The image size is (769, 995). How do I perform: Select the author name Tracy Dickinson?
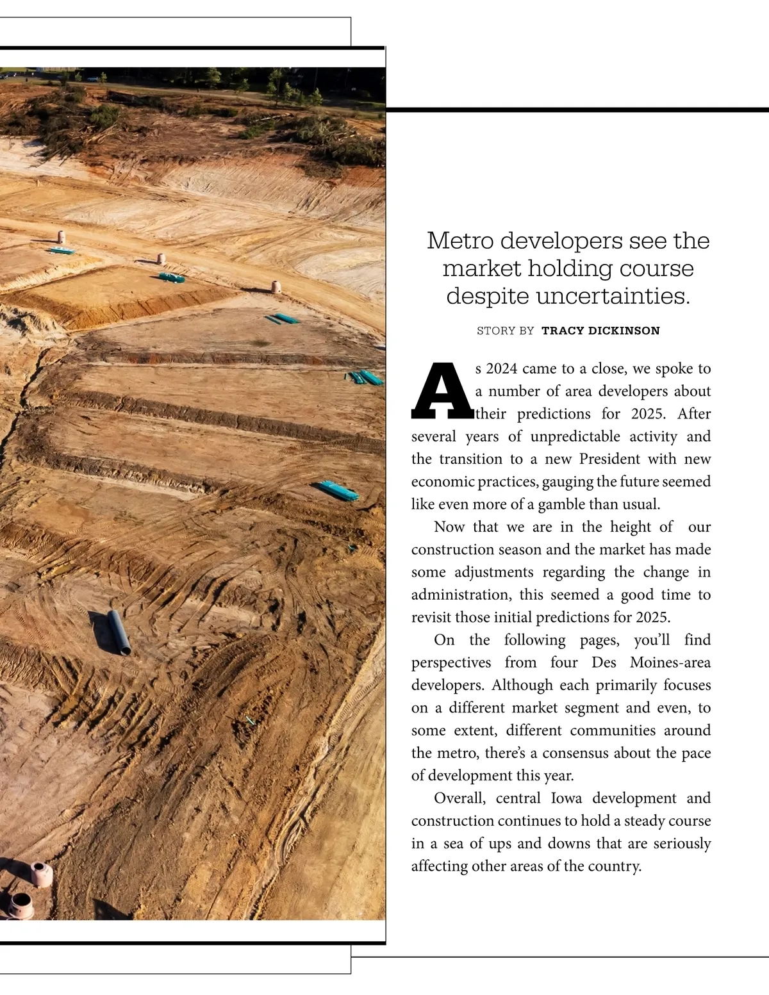coord(600,331)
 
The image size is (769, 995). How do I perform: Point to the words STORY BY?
coord(505,331)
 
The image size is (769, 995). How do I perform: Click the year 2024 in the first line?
coord(502,369)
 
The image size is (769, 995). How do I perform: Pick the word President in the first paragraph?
coord(609,459)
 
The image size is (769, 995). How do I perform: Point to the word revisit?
coord(431,618)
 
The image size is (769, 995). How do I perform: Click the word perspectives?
coord(451,662)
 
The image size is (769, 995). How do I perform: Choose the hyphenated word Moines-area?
coord(670,662)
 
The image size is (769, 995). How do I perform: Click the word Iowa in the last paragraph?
coord(566,798)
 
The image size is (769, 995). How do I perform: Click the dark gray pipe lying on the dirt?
coord(119,632)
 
